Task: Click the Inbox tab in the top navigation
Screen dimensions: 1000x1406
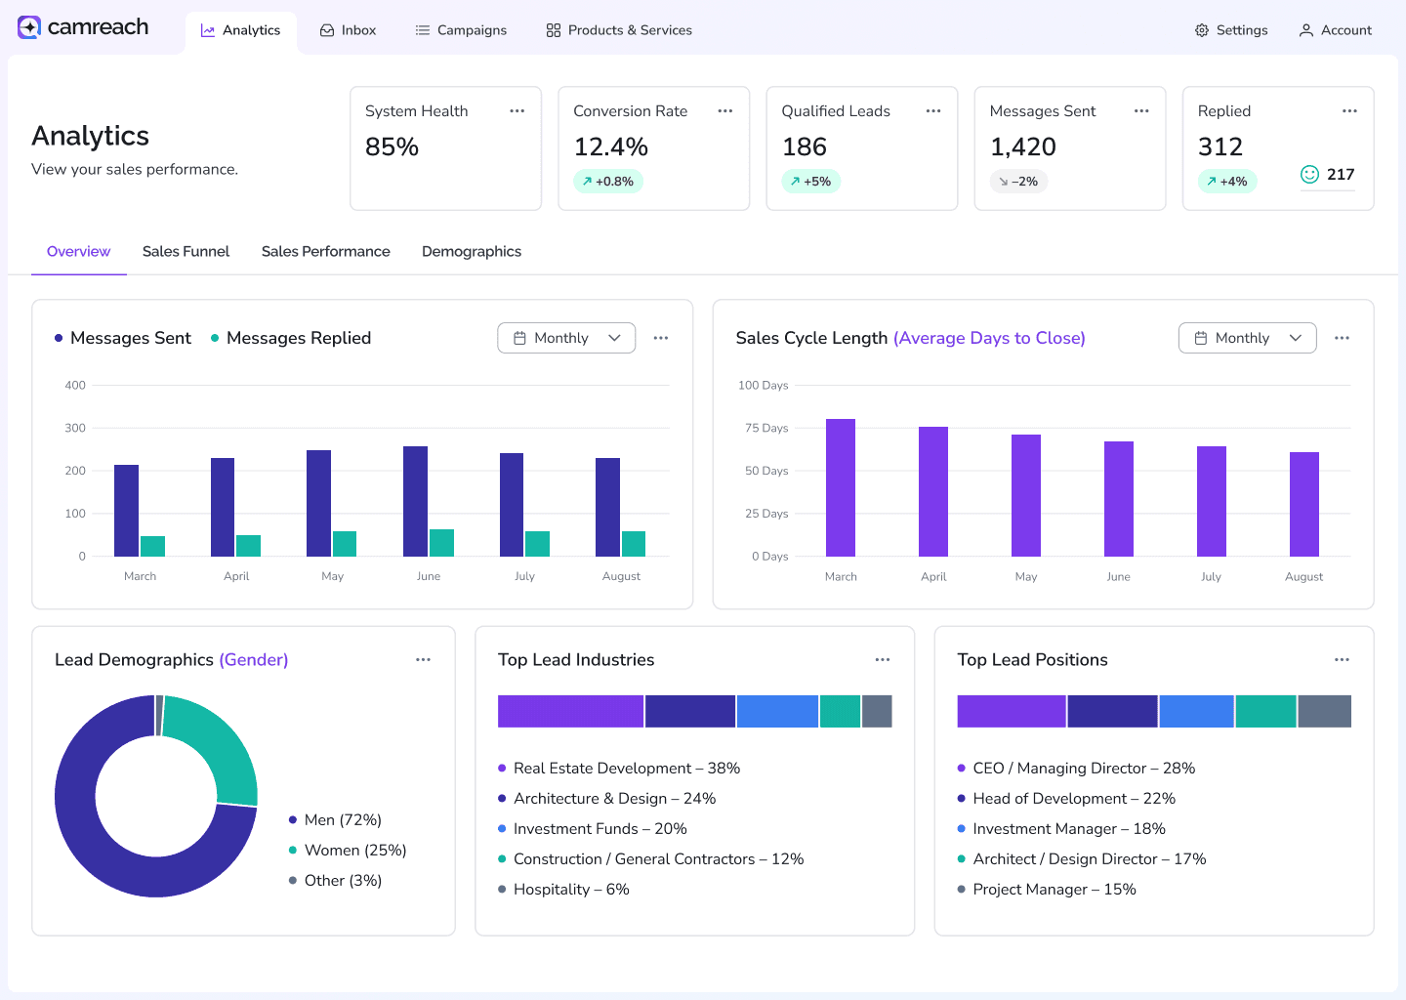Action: coord(348,30)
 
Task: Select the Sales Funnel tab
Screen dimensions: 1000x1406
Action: coord(186,251)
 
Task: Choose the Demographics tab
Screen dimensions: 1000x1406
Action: coord(472,251)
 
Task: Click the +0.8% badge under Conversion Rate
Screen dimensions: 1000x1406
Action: coord(608,182)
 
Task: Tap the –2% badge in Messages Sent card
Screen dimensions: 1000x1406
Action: coord(1018,182)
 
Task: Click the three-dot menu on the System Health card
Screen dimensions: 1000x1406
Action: coord(517,111)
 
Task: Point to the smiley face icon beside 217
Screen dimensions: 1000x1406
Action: coord(1309,175)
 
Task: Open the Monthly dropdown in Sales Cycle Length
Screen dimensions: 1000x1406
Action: coord(1247,338)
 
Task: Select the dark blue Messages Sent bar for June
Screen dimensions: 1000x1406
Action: coord(415,501)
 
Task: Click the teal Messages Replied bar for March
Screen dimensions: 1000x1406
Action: coord(152,546)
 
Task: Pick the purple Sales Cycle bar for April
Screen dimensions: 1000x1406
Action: coord(933,491)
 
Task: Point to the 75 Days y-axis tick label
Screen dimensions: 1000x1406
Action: coord(766,428)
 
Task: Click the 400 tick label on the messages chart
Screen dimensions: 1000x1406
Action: coord(75,385)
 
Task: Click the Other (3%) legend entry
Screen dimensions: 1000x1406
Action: coord(342,880)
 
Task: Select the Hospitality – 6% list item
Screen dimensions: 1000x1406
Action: coord(570,889)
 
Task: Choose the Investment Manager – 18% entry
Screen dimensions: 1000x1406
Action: coord(1068,828)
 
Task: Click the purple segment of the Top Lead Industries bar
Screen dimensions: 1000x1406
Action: coord(570,711)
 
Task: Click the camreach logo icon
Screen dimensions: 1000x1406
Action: coord(29,27)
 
